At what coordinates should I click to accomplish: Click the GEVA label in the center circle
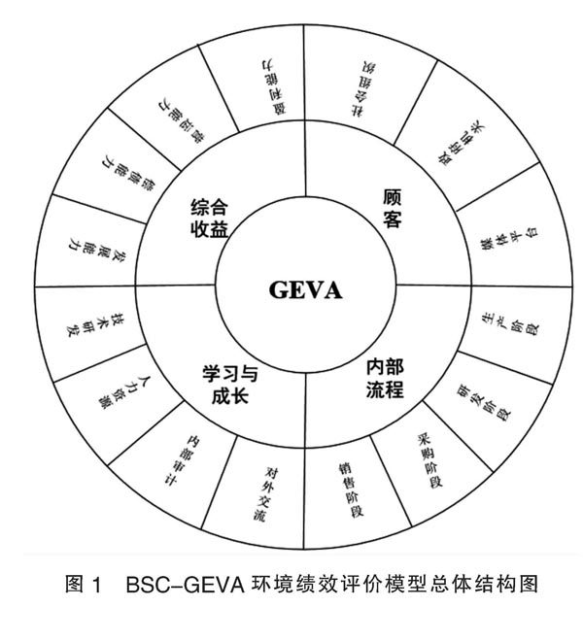pos(307,289)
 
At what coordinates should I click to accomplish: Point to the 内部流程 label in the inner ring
pos(385,381)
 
